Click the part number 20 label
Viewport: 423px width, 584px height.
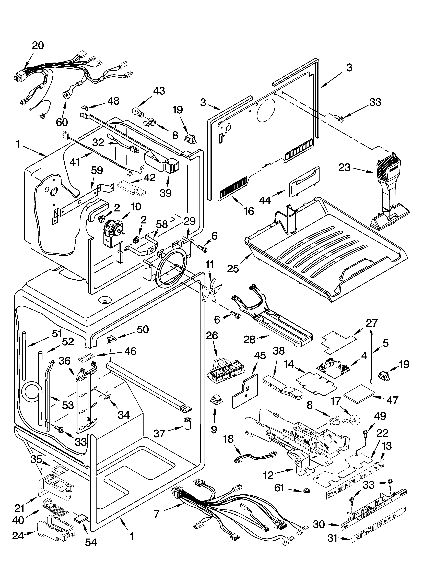pos(38,46)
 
